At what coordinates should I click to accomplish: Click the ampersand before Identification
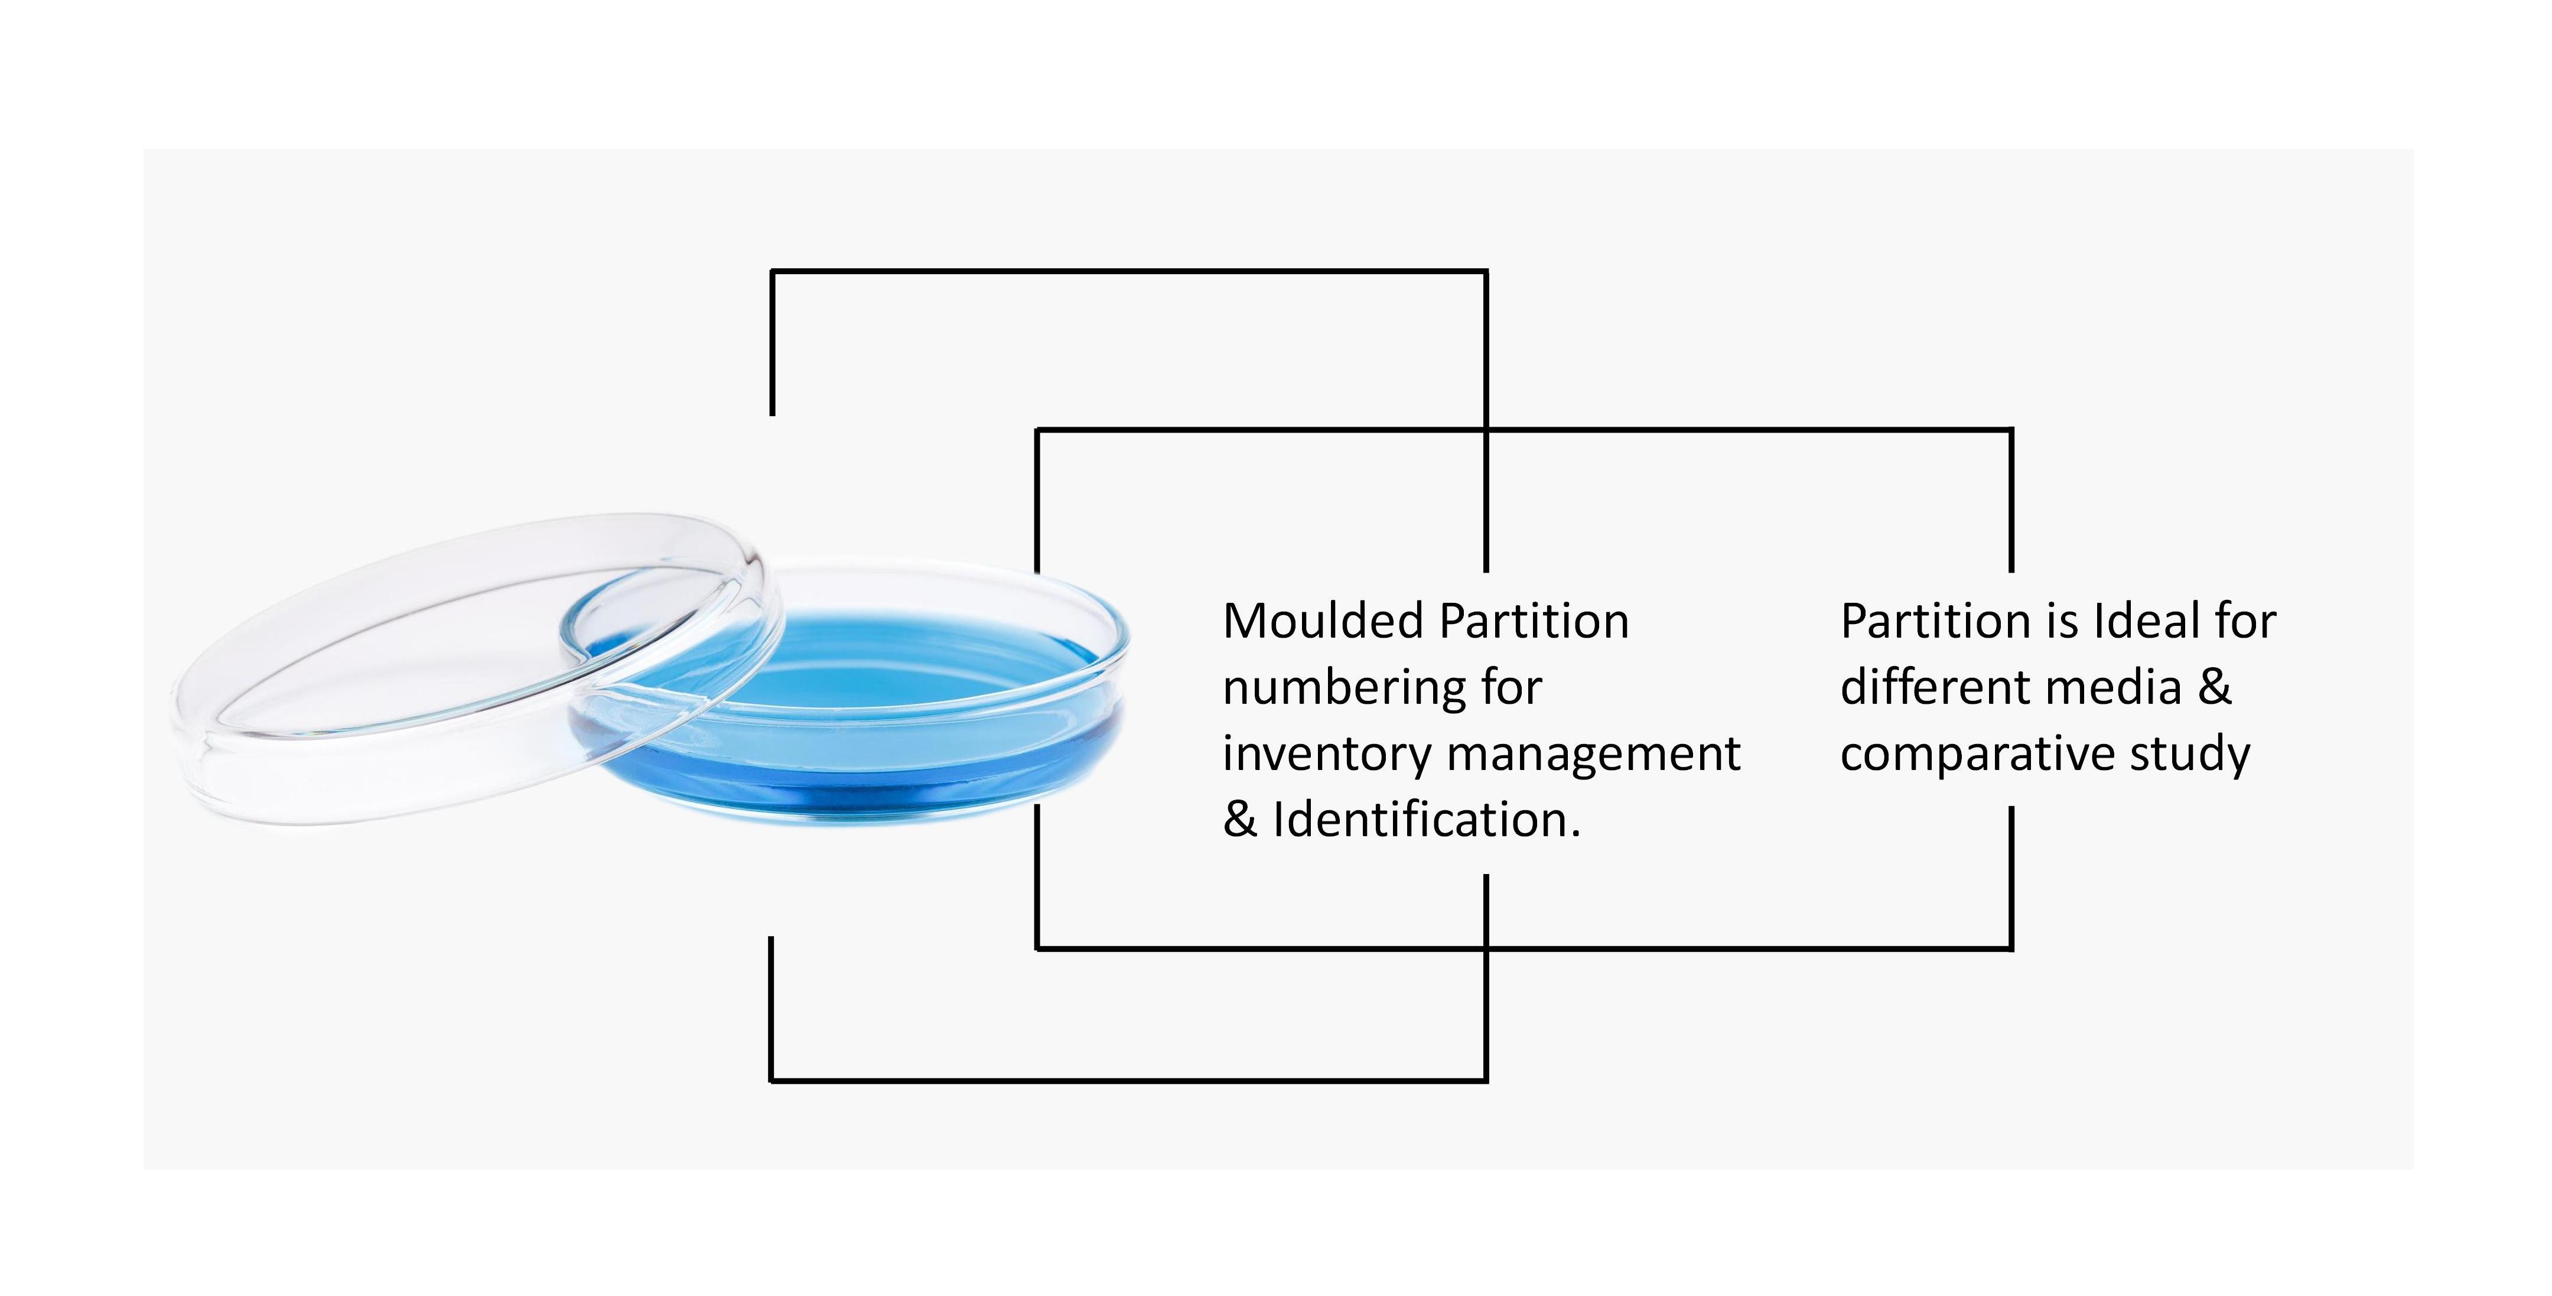(1239, 820)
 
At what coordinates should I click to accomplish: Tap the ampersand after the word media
(2215, 688)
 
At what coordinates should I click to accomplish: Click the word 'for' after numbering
(1512, 688)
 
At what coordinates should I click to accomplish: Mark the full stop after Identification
(1575, 834)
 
